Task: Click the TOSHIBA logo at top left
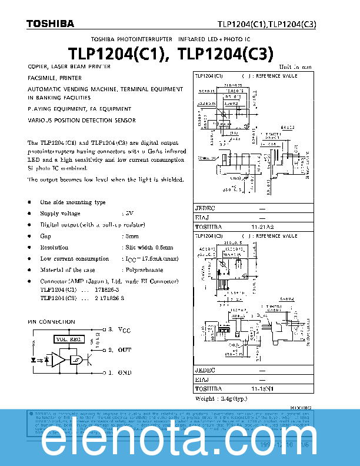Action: click(50, 24)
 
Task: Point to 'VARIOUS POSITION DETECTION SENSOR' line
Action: click(82, 121)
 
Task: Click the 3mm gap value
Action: click(130, 236)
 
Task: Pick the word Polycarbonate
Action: click(144, 270)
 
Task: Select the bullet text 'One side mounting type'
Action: click(73, 202)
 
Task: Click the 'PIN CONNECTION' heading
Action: click(52, 322)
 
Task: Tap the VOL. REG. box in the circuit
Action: click(69, 339)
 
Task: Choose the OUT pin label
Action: click(124, 350)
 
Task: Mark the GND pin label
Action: click(124, 372)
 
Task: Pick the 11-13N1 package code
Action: click(262, 389)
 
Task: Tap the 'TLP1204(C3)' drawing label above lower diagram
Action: click(209, 236)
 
